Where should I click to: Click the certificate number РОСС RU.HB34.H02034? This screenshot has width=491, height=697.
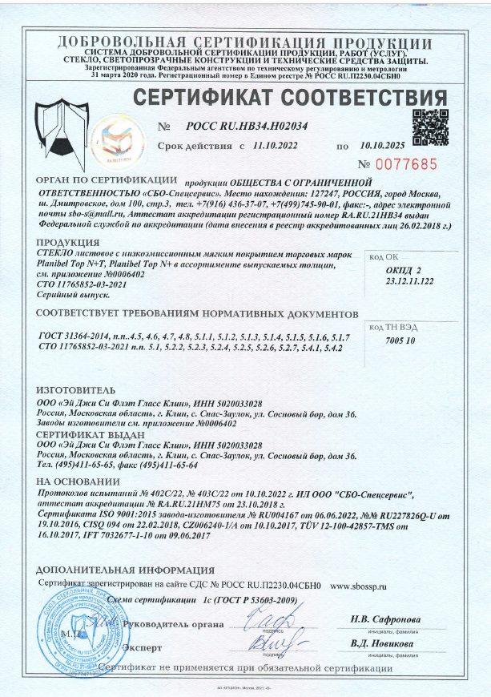tap(248, 127)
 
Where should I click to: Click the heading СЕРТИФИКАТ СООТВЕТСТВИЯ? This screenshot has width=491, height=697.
tap(289, 99)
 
